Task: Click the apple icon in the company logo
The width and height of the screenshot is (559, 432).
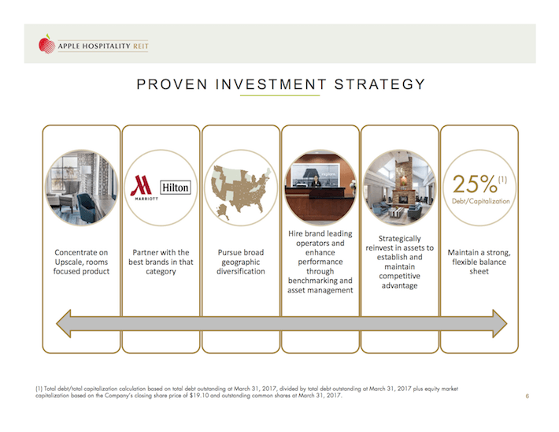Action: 49,42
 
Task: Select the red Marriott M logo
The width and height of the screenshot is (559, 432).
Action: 142,187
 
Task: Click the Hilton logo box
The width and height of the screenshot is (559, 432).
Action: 175,188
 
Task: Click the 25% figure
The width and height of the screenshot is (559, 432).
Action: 476,184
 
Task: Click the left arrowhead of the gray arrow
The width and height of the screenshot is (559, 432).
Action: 62,322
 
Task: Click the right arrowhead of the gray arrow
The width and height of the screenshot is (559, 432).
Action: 498,322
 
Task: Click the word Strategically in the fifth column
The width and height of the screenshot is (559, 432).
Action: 400,238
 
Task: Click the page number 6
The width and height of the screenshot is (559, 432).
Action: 526,396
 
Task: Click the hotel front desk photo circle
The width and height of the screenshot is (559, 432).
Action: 319,187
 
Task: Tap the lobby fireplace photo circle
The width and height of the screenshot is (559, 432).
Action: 399,187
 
